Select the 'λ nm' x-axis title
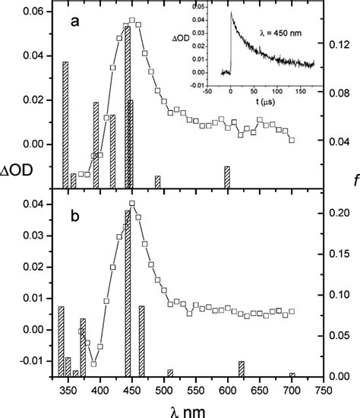point(184,409)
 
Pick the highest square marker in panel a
point(132,21)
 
